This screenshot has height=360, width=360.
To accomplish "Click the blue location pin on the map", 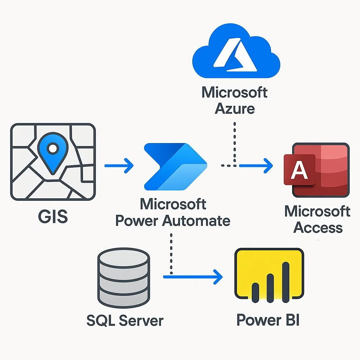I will (x=52, y=155).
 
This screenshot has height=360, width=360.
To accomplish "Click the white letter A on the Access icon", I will (x=299, y=171).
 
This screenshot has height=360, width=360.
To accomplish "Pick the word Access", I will (x=318, y=227).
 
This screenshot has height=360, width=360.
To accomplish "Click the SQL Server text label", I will (x=125, y=320).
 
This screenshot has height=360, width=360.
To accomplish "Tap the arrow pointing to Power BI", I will (x=193, y=277).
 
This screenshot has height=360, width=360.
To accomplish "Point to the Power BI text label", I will (x=268, y=320).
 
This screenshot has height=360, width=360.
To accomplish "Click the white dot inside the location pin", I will (x=52, y=149).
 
